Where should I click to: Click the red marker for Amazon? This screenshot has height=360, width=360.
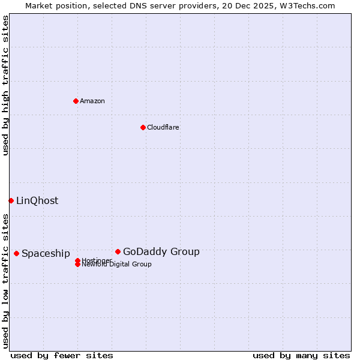pos(76,101)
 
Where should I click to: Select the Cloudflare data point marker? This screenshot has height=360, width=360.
pos(143,127)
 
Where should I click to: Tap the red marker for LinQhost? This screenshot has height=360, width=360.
pos(11,200)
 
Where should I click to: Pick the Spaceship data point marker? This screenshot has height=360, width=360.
pos(16,253)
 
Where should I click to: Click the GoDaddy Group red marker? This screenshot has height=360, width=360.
pos(118,251)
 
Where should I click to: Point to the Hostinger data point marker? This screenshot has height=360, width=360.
pos(77,260)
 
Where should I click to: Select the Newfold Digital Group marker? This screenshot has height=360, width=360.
pos(77,265)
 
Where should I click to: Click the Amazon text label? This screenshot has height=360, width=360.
pos(92,101)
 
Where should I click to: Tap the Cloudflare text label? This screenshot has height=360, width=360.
pos(163,127)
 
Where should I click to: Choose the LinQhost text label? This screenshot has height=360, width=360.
pos(37,201)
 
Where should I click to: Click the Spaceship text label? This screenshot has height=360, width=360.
pos(46,254)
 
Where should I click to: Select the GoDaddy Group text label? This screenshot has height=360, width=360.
pos(161,252)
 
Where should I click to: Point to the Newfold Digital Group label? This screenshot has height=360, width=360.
pos(117,265)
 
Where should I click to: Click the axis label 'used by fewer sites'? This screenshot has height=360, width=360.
pos(62,356)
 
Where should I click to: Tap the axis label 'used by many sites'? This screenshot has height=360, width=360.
pos(301,356)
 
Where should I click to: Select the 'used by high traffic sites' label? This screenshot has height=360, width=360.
pos(5,85)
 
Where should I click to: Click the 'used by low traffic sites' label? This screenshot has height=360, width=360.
pos(5,281)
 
